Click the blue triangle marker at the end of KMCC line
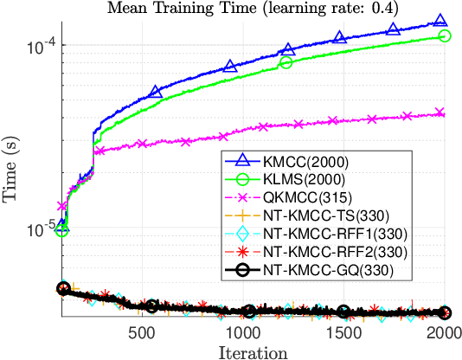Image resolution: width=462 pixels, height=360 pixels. coord(440,21)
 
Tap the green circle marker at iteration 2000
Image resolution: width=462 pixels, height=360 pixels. coord(445,35)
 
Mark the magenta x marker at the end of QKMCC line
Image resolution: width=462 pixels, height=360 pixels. coord(440,112)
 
